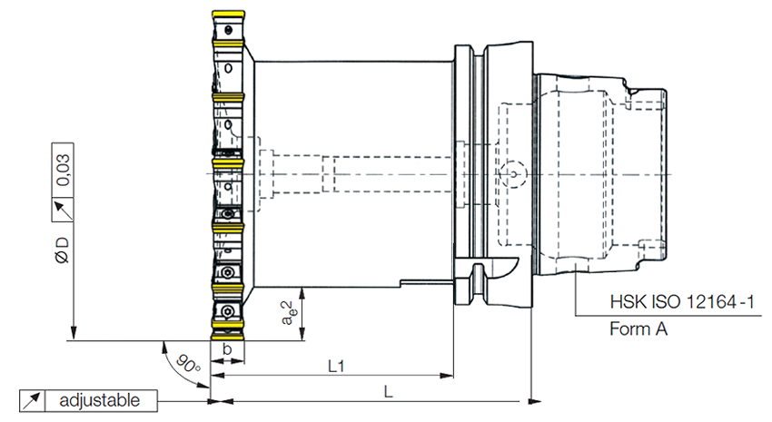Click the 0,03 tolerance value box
click(64, 169)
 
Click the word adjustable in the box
click(99, 399)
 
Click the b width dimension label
click(227, 349)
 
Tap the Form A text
click(638, 329)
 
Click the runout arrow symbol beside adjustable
click(33, 399)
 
